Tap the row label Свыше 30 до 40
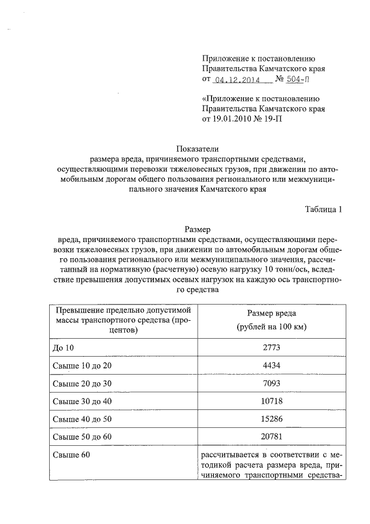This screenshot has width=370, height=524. [x=81, y=401]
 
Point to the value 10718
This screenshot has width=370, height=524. [x=267, y=401]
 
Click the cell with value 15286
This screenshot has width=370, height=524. [x=267, y=418]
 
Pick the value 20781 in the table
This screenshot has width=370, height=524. [x=267, y=436]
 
